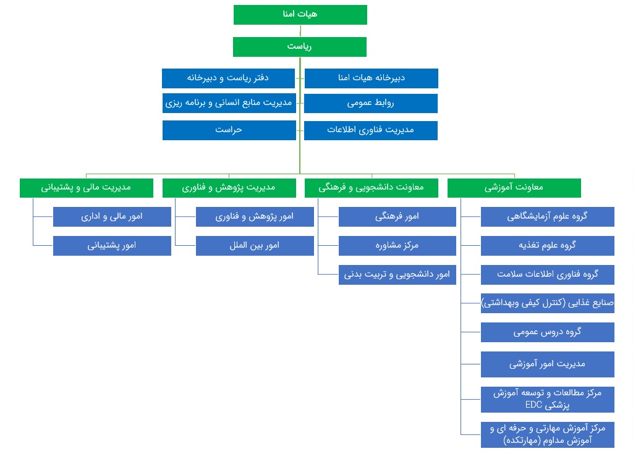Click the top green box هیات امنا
(x=300, y=15)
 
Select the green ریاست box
(x=300, y=47)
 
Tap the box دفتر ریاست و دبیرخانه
(x=229, y=78)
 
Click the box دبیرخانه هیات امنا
(x=372, y=78)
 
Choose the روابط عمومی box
(x=371, y=103)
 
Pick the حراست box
(x=229, y=130)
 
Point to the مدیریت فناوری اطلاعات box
(x=371, y=130)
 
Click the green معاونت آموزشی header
(x=514, y=188)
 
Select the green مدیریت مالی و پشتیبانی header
(x=87, y=188)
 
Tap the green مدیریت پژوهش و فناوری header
(x=229, y=188)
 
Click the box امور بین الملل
(x=255, y=246)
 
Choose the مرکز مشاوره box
(x=397, y=246)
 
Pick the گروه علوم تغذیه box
(x=548, y=246)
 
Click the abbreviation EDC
(x=533, y=405)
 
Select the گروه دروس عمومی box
(x=548, y=332)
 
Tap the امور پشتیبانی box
(x=113, y=246)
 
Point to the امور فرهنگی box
(x=397, y=217)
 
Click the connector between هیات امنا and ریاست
(x=300, y=31)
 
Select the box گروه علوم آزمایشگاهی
(x=548, y=217)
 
